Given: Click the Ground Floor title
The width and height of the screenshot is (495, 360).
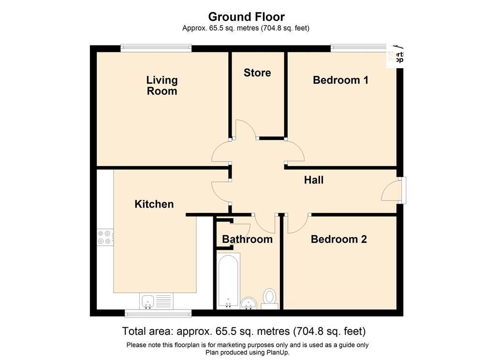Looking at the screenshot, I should point(246,17).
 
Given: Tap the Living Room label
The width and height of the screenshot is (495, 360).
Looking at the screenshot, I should point(162,85).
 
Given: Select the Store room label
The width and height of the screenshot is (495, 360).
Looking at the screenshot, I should point(257,73).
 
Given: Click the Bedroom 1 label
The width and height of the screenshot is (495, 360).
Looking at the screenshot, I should point(340,80).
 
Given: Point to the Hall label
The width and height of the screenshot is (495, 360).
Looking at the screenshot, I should point(314,180).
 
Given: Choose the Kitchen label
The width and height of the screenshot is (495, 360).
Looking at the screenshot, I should point(154,204).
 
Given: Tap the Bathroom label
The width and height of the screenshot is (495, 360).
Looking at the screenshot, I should point(247,239).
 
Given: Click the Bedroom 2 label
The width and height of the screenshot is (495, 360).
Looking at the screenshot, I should point(338,239).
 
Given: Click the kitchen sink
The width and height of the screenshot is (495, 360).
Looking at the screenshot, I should point(147,301).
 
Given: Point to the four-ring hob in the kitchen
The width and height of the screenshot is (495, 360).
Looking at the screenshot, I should point(104,237).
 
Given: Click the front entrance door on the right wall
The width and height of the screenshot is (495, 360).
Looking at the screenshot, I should point(393,190).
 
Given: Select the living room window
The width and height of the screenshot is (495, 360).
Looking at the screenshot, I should point(156,47).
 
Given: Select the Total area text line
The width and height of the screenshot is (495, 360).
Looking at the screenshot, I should point(244,332).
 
